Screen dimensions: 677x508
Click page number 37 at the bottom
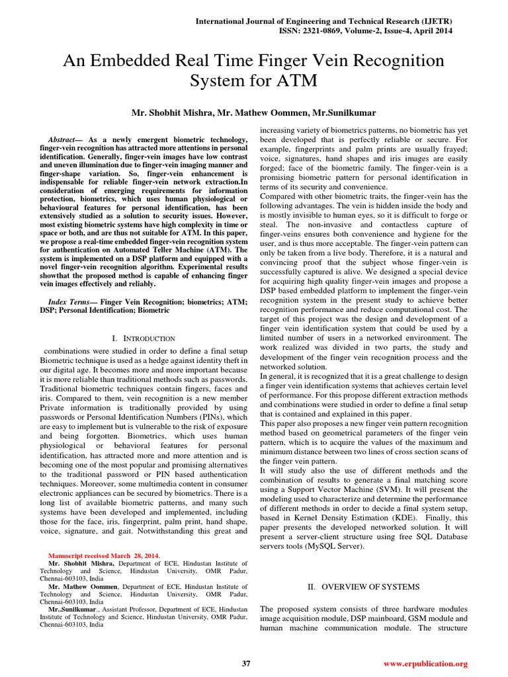(246, 663)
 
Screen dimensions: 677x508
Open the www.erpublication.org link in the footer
(425, 663)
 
